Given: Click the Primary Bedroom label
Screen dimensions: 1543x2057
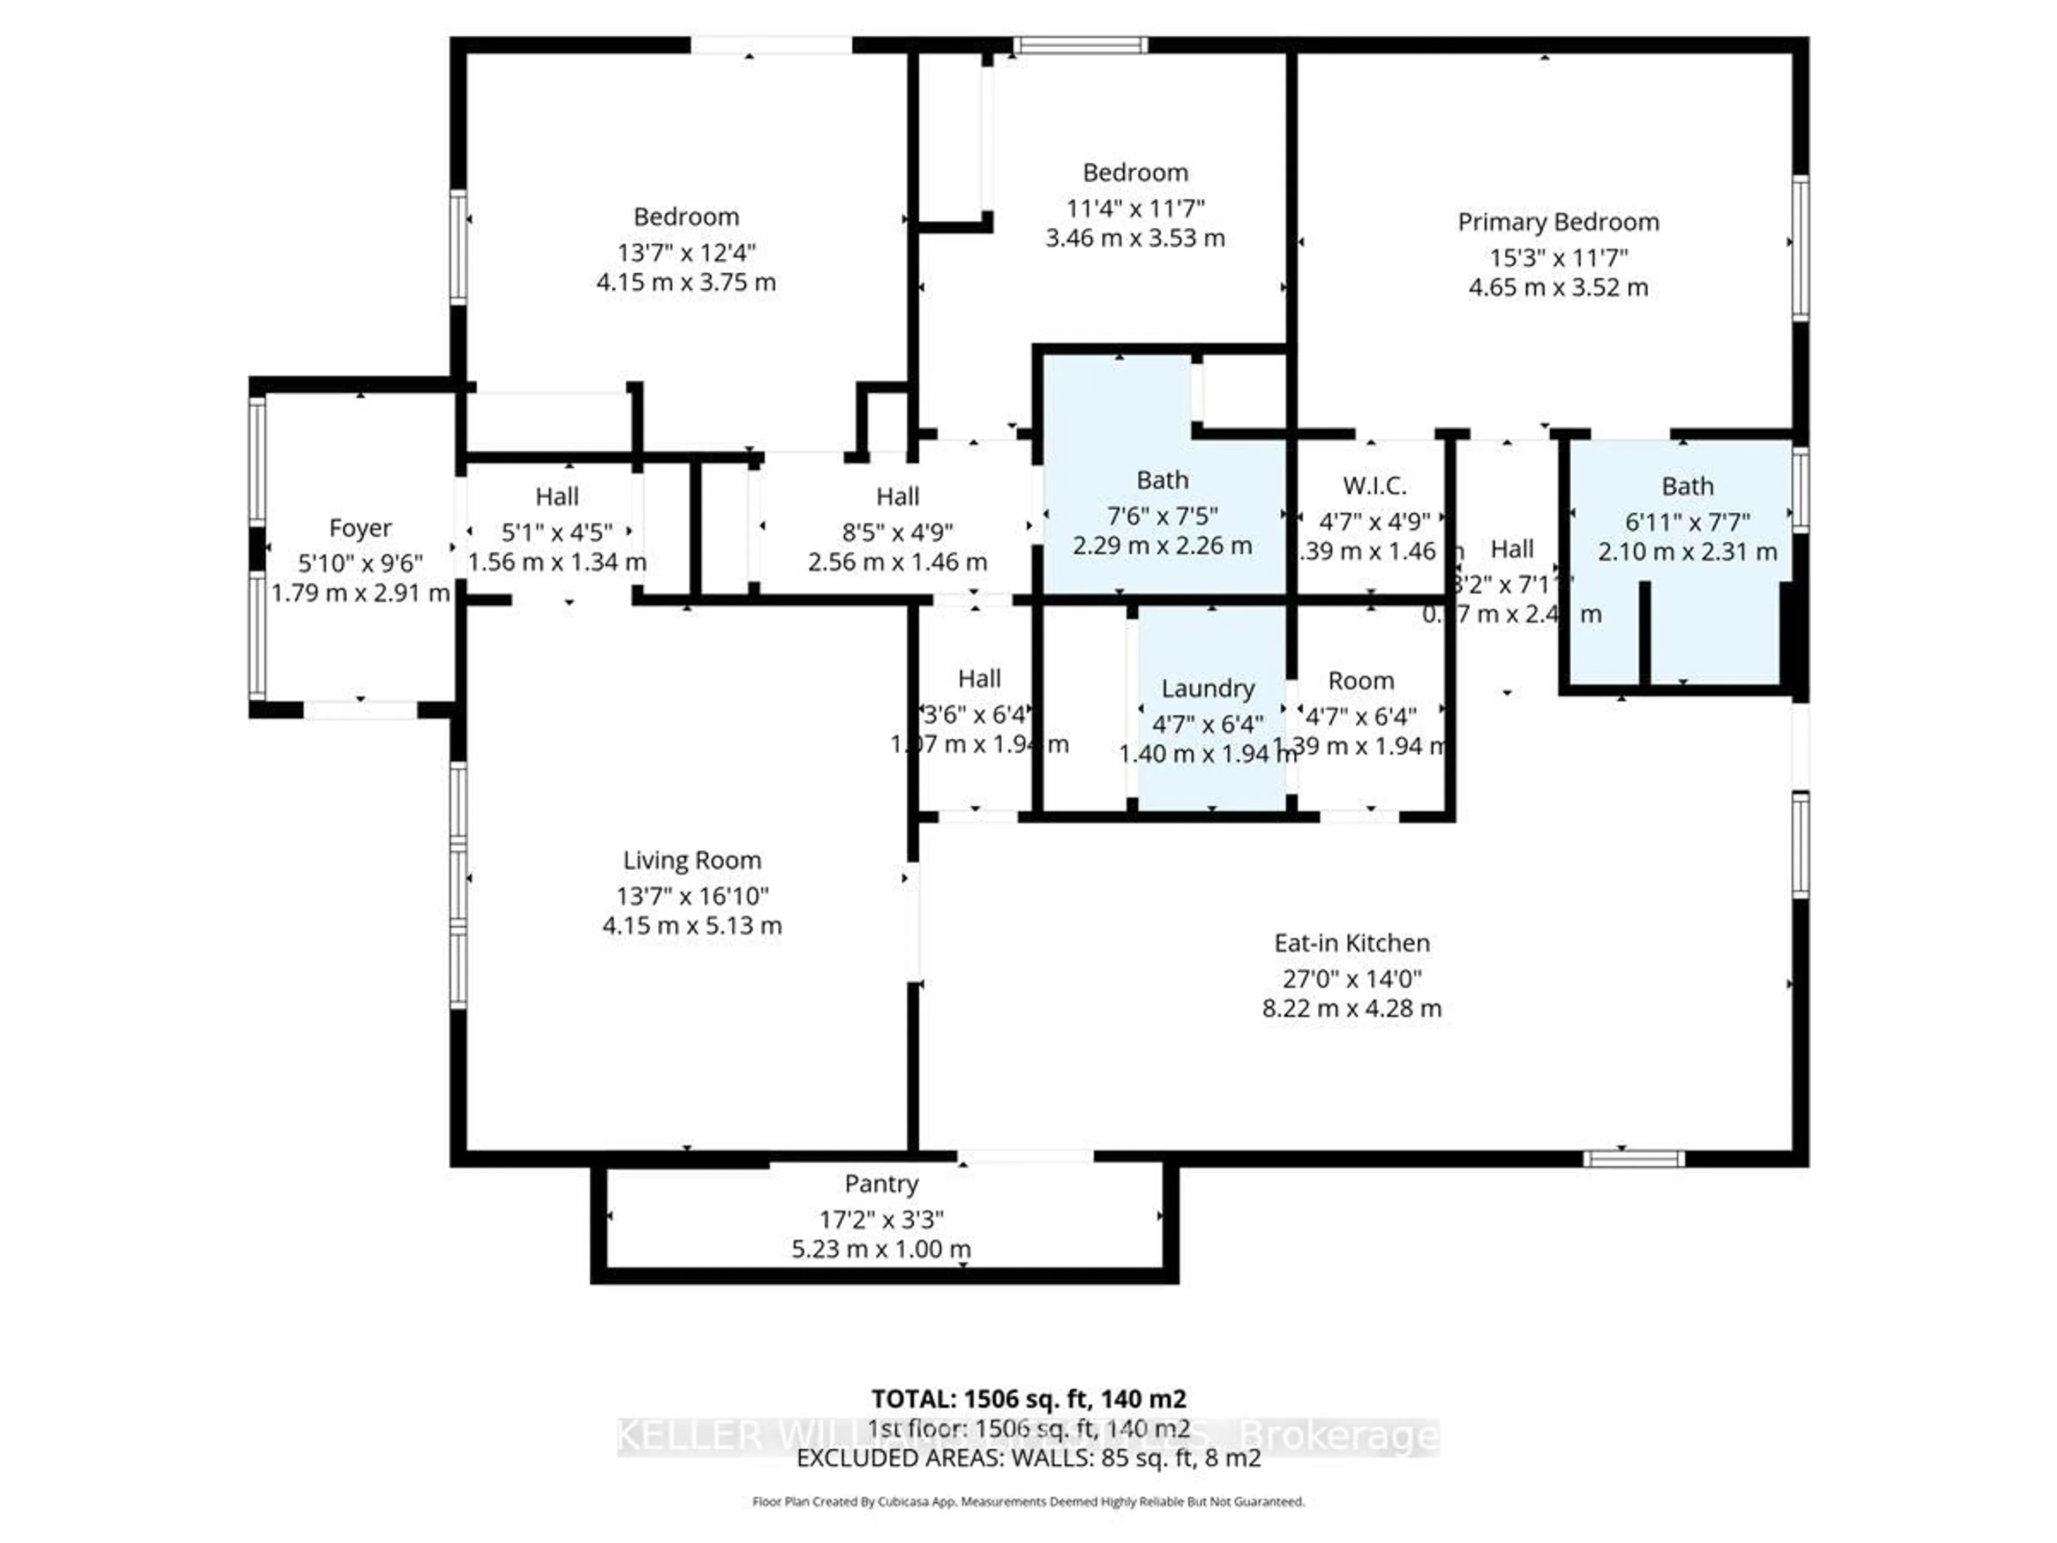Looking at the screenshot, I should pos(1558,222).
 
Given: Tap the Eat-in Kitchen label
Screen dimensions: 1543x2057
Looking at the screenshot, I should pos(1351,943).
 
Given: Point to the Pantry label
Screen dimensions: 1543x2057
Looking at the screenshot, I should pos(881,1184).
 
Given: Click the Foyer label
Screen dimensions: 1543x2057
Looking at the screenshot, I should pos(360,528).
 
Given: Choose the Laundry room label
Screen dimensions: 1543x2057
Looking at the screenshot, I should pos(1207,688).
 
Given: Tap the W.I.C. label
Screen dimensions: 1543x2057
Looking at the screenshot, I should pos(1373,485).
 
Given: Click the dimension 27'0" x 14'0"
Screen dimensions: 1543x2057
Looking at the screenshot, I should pos(1351,978).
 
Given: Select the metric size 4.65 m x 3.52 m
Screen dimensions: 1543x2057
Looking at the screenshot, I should pos(1558,287).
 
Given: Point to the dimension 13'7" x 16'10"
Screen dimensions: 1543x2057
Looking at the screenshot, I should pos(692,896).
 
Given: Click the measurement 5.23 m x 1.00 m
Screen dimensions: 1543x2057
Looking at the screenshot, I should pos(881,1249).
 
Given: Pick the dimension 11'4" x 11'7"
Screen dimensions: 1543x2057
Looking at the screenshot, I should pos(1135,208).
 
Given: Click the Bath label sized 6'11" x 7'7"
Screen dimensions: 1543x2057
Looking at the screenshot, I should pos(1687,486).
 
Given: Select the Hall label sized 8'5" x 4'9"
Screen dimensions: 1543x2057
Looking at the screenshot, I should pos(897,497).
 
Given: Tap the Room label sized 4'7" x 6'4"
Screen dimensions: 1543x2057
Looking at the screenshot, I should pos(1361,681).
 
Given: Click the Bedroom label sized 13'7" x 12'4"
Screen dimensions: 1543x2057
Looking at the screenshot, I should pos(686,216).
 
